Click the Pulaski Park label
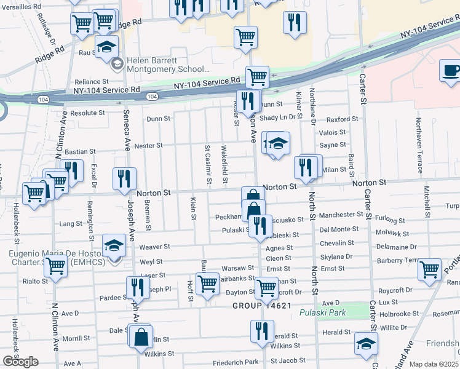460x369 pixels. tap(323, 312)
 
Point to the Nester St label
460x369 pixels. tap(148, 146)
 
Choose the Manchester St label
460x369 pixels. tap(341, 215)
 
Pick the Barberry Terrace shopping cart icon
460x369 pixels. tap(429, 268)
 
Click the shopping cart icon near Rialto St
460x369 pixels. tap(55, 266)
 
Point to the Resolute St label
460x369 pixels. tap(88, 113)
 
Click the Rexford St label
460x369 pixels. tap(342, 119)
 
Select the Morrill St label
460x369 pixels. tap(76, 338)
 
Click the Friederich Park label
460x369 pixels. tap(236, 363)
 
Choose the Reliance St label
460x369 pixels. tap(92, 81)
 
